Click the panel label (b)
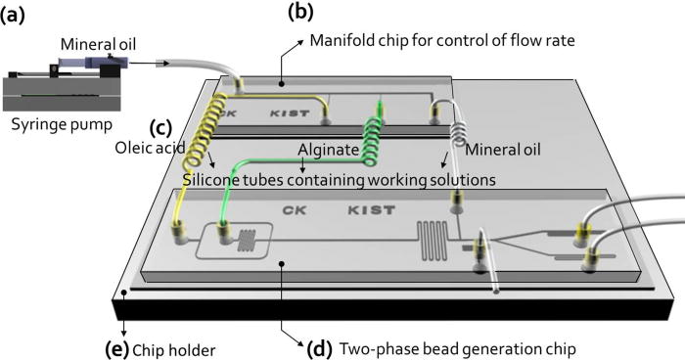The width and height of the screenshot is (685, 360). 300,13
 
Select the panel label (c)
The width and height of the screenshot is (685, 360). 161,127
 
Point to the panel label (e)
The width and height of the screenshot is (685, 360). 120,345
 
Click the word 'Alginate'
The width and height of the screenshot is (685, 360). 327,147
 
